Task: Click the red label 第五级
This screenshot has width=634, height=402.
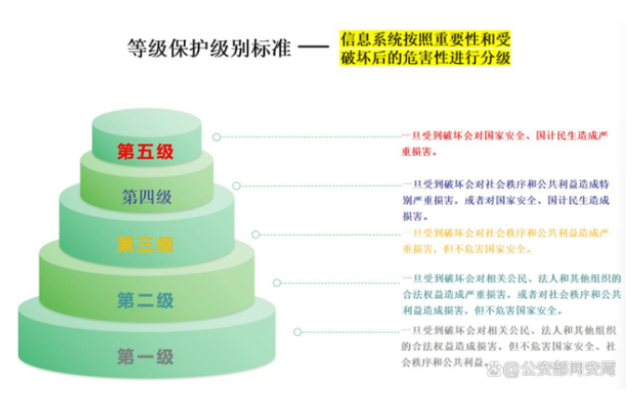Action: [x=147, y=152]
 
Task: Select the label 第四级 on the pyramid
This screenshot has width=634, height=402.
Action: [x=147, y=197]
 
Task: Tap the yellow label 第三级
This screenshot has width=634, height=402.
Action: [x=146, y=245]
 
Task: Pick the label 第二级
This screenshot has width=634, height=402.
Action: [x=146, y=300]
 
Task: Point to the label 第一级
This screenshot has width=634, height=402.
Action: [x=146, y=356]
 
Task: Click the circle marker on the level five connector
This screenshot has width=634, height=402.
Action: [x=217, y=137]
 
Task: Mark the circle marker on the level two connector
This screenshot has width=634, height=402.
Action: [x=276, y=281]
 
